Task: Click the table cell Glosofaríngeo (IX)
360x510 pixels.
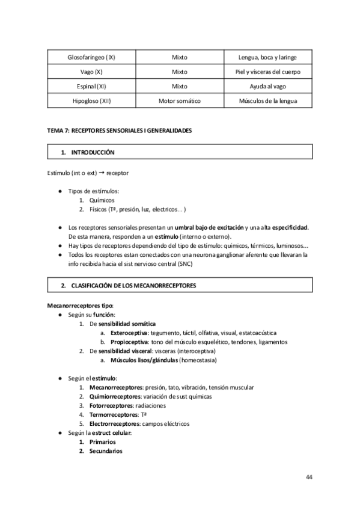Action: (x=92, y=58)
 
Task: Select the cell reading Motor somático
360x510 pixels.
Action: (x=179, y=100)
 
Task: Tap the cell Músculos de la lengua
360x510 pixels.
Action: (x=267, y=100)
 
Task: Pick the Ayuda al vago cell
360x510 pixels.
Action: (x=267, y=86)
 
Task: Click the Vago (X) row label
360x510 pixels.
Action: (x=92, y=72)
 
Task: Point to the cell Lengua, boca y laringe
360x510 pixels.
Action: (x=267, y=58)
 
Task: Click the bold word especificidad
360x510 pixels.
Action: (x=290, y=227)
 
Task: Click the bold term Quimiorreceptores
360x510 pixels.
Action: (x=114, y=397)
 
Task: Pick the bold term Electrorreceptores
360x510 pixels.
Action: (x=113, y=423)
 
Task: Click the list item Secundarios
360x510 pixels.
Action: (x=105, y=450)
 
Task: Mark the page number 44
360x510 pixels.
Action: (x=308, y=477)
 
